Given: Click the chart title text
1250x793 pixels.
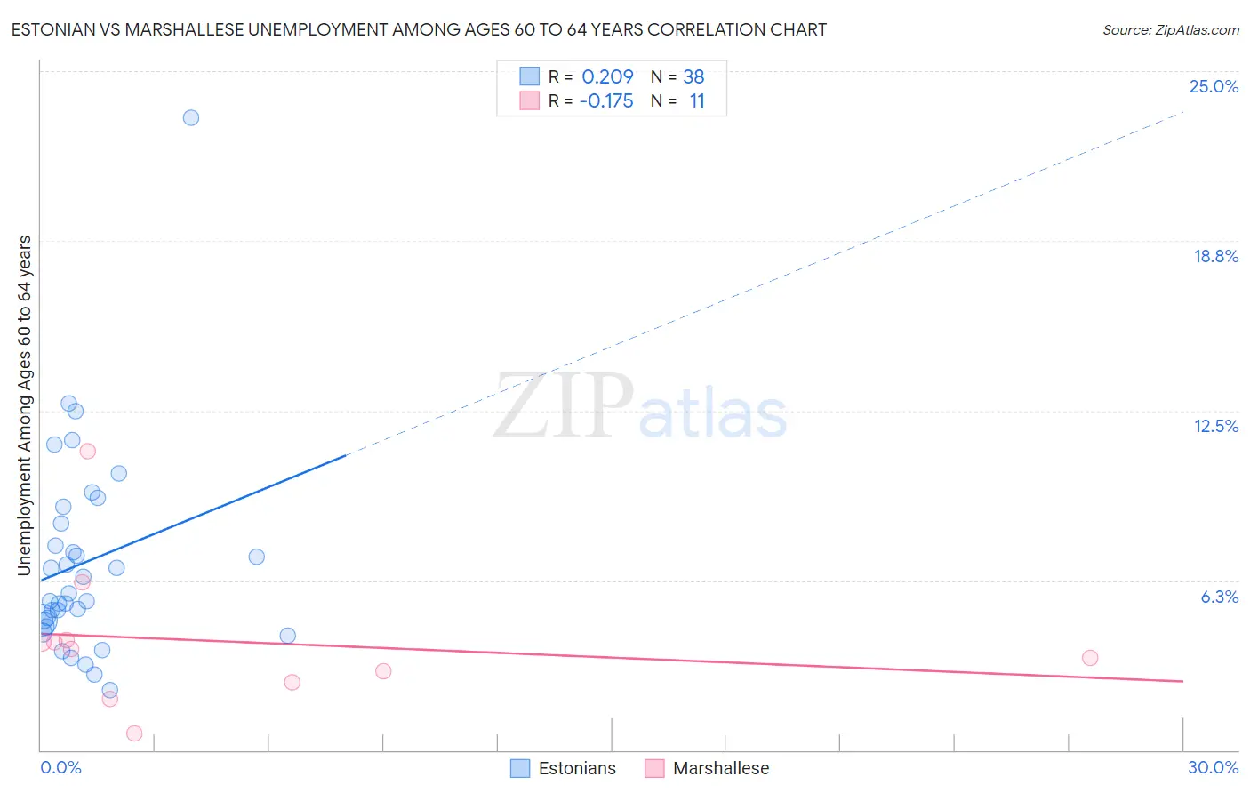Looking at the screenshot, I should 419,29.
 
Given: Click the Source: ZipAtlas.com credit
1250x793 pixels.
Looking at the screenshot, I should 1170,29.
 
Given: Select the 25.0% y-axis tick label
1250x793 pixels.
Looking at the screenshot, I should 1214,86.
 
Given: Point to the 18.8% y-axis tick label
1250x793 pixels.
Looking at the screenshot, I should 1215,256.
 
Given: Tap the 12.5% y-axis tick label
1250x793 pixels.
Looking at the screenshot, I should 1215,426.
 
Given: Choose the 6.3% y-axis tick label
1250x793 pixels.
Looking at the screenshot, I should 1219,597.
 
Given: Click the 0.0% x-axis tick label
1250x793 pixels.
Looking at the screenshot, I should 60,767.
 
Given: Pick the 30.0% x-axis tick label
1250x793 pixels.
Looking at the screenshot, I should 1213,767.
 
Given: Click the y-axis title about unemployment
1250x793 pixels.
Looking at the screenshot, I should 25,405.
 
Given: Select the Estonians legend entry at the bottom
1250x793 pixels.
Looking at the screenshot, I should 564,768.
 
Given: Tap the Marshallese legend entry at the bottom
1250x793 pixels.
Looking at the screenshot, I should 708,768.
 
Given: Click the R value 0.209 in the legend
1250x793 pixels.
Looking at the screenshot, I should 607,77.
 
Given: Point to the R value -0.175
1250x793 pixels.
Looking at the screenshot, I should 606,101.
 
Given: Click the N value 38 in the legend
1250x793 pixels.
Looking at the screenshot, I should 693,77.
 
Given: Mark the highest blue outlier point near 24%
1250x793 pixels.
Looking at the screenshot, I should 190,117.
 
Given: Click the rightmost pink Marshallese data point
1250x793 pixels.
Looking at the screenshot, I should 1090,658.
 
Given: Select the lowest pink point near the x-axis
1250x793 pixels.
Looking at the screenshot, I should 134,733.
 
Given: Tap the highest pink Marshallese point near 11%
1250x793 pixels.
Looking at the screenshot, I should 87,451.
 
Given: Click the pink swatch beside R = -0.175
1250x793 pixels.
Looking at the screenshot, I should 529,100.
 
